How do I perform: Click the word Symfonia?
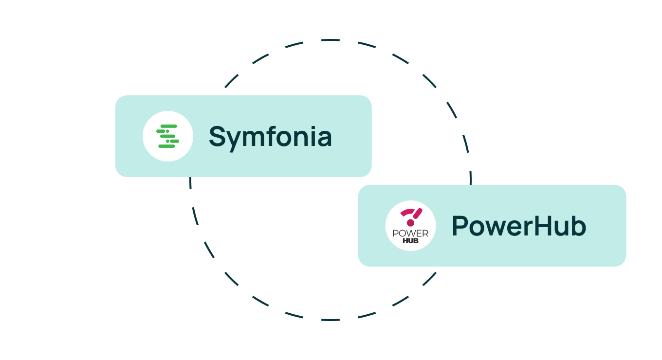pyautogui.click(x=270, y=137)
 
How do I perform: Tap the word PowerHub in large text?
pyautogui.click(x=519, y=226)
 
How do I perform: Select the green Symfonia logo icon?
pyautogui.click(x=167, y=136)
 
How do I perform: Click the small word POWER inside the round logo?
pyautogui.click(x=410, y=234)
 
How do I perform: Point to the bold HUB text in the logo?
pyautogui.click(x=410, y=241)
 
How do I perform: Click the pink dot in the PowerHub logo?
pyautogui.click(x=410, y=223)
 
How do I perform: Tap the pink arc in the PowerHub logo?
pyautogui.click(x=407, y=212)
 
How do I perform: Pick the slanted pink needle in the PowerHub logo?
pyautogui.click(x=418, y=214)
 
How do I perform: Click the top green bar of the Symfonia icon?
pyautogui.click(x=169, y=126)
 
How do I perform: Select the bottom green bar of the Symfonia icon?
pyautogui.click(x=166, y=146)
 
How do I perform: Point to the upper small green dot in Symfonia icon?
pyautogui.click(x=167, y=131)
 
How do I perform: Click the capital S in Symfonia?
pyautogui.click(x=218, y=136)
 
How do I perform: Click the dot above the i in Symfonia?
pyautogui.click(x=312, y=127)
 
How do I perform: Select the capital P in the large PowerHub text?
pyautogui.click(x=460, y=226)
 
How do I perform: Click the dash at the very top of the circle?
pyautogui.click(x=331, y=40)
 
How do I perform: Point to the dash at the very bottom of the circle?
pyautogui.click(x=331, y=320)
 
